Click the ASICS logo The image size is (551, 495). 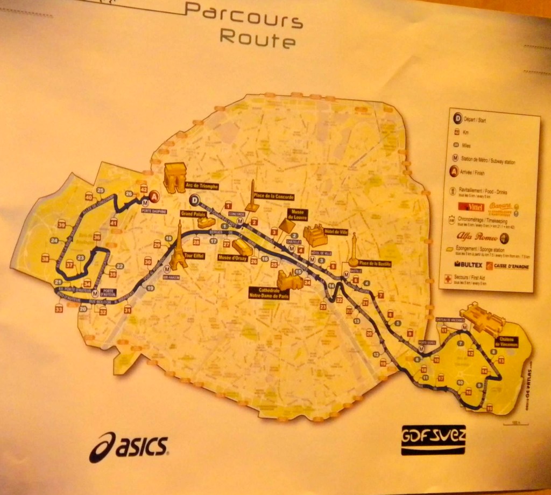click(129, 447)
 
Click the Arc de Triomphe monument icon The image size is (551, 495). click(174, 177)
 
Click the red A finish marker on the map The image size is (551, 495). click(155, 197)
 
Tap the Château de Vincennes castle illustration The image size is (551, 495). click(482, 319)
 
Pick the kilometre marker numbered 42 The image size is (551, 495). click(144, 189)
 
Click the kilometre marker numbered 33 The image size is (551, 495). click(59, 309)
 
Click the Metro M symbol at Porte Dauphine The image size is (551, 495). click(145, 203)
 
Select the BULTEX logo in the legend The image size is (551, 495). click(468, 265)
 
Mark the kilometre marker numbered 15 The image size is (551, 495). click(298, 272)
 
